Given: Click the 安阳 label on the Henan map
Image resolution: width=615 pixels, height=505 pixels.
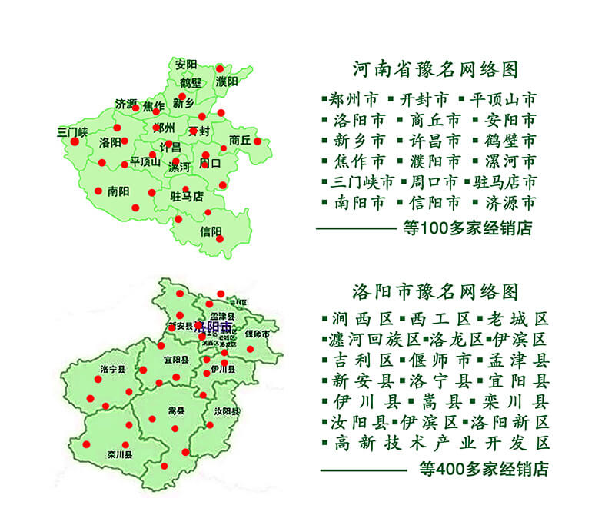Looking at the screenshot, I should [186, 64].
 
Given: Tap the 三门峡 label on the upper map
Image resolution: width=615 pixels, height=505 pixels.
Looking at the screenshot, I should [72, 131].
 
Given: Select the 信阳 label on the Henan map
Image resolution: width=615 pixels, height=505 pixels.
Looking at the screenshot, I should [211, 231].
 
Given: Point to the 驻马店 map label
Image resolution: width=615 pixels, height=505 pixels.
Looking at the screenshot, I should [186, 197].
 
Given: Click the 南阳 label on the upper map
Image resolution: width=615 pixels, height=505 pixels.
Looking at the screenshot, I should [118, 191].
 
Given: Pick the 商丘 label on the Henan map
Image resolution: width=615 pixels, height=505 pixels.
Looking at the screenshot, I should [240, 141].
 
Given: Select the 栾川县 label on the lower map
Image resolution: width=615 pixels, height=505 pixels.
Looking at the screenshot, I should [120, 454].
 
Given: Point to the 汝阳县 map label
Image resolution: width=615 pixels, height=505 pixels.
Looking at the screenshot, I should [226, 411].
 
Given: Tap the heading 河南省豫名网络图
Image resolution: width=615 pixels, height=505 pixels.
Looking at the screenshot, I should [435, 70].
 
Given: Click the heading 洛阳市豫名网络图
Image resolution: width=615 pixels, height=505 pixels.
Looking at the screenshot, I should [435, 292].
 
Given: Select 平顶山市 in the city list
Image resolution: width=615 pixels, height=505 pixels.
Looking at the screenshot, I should [503, 100].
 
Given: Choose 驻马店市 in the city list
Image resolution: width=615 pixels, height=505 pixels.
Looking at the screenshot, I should [504, 182].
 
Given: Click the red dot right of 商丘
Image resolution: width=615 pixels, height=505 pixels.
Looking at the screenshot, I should [258, 141].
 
